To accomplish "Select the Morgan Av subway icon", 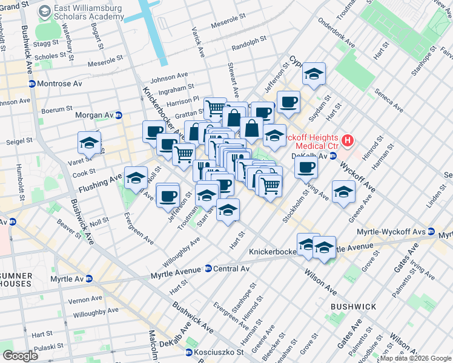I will coord(119,115).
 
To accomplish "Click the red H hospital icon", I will coord(348,140).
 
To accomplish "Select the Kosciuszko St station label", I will coord(219,352).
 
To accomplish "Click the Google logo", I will coord(20,355).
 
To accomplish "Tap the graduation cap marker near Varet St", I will coord(89,143).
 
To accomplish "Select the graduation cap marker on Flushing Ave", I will coord(136,177).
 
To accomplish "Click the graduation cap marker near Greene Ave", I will coord(343,192).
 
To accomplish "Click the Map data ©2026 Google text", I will coord(414,358).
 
